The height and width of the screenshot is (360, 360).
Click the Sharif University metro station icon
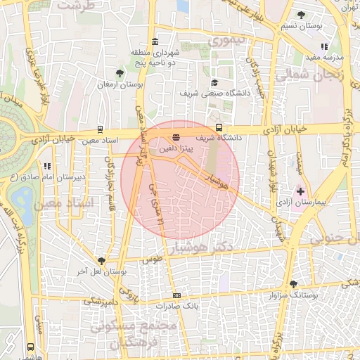pos(220,128)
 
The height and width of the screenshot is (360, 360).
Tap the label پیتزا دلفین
pos(174,148)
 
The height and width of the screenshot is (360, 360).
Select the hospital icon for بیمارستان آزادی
pos(301,191)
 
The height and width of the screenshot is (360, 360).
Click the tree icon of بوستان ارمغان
pos(120,73)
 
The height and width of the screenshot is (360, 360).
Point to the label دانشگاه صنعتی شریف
pos(208,93)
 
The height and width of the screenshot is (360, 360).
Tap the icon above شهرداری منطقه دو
pos(155,40)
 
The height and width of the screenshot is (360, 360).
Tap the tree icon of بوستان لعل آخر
pos(101,259)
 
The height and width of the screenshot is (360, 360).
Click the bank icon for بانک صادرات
pos(176,296)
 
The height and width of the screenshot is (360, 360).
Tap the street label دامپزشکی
pos(102,300)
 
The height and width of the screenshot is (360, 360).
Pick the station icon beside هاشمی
pos(30,347)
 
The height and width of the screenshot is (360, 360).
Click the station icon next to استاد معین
pos(101,129)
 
